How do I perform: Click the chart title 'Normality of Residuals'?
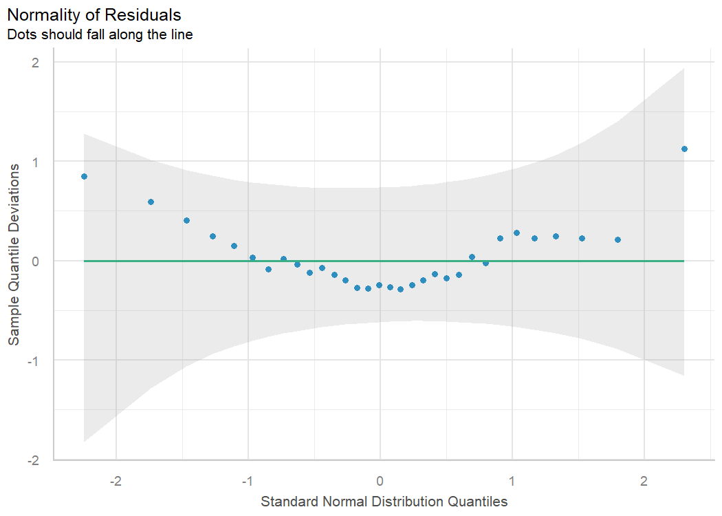pos(94,14)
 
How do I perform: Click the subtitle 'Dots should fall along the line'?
pos(99,34)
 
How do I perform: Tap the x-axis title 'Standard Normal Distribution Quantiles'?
pos(384,502)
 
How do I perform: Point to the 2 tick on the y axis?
pos(35,63)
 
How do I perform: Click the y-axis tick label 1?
pos(35,162)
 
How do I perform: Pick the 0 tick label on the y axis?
pos(35,261)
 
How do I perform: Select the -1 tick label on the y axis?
pos(33,360)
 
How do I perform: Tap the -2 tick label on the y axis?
pos(33,459)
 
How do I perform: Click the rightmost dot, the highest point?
pos(684,149)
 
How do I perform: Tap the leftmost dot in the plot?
pos(84,176)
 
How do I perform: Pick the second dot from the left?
pos(151,202)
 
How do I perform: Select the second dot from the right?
pos(617,239)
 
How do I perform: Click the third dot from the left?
pos(186,220)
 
